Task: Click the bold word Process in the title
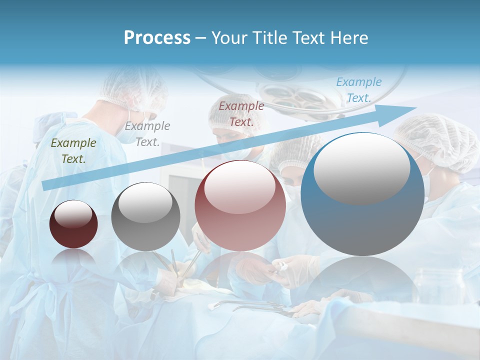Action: pos(157,38)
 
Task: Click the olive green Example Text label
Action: pos(73,150)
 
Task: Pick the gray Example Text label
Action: pos(147,133)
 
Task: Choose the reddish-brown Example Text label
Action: pos(241,113)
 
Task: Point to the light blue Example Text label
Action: pos(358,90)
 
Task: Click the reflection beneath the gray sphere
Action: pos(145,265)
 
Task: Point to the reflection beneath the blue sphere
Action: pos(362,280)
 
